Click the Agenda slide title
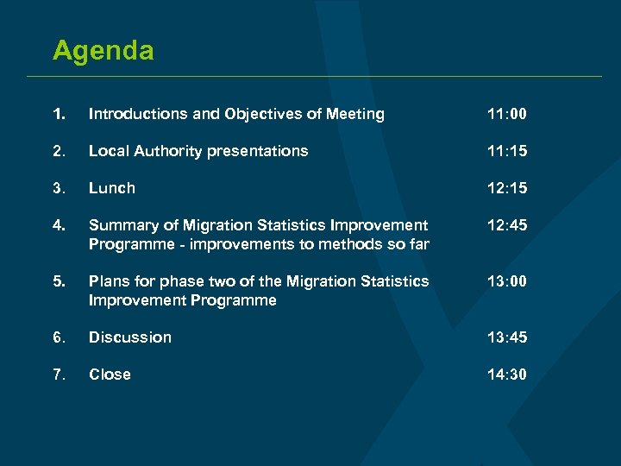coord(103,50)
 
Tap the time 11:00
coord(507,114)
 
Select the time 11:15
coord(507,151)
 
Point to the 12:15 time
coord(507,188)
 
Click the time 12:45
coord(507,225)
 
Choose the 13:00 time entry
coord(507,281)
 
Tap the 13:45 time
coord(507,337)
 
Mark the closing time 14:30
coord(507,375)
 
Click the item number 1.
coord(58,114)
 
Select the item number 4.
coord(58,225)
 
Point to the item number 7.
coord(58,375)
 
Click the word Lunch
coord(112,188)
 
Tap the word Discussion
coord(130,337)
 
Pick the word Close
coord(110,375)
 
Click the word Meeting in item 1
coord(355,114)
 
